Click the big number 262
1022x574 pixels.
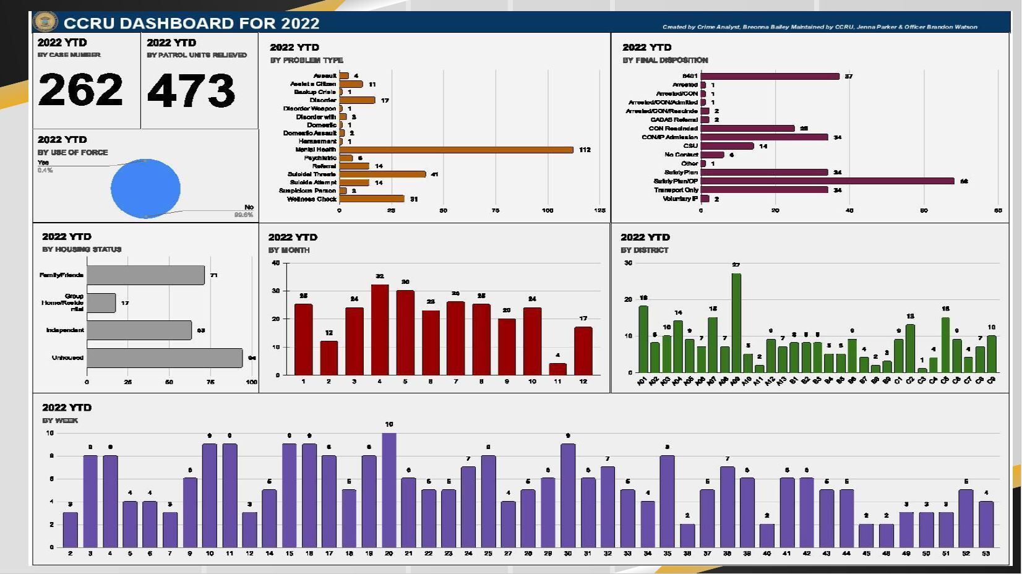coord(80,90)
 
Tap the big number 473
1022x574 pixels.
coord(191,90)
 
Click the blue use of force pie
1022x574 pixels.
coord(145,189)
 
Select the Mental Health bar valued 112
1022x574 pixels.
coord(456,150)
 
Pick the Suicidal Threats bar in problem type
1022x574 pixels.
coord(382,174)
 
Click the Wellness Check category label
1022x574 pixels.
coord(312,199)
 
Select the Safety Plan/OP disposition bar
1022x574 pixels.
coord(827,181)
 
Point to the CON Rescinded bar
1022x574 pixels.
coord(747,129)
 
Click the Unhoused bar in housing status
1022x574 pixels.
coord(164,358)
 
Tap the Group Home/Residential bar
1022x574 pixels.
coord(101,303)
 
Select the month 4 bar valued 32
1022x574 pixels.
coord(380,330)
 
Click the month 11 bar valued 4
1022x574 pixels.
coord(557,369)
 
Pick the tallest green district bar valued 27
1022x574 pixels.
coord(736,322)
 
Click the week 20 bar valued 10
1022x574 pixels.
coord(389,490)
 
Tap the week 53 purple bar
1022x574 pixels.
coord(986,524)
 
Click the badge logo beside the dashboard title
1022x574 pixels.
coord(45,22)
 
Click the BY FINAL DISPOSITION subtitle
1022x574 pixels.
coord(665,60)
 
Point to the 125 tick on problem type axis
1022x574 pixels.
coord(599,211)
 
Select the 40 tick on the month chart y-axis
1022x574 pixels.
coord(276,263)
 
